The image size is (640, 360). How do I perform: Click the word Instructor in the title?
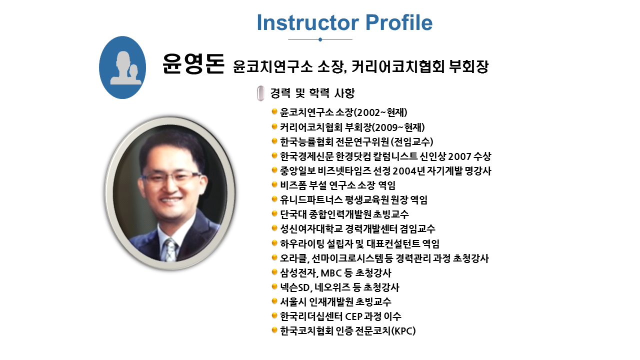coord(308,22)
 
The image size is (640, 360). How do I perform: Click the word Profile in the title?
coord(399,22)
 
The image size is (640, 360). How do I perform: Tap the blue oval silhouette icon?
coord(122,67)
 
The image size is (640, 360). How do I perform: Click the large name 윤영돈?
coord(193,63)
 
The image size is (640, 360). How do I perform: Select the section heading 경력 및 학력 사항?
coord(312,93)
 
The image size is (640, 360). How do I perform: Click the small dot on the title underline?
coord(320,39)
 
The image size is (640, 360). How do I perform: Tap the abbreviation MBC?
coord(331,273)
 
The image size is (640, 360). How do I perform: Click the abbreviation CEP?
coord(354,316)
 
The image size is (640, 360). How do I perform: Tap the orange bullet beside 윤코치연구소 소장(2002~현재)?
coord(274,111)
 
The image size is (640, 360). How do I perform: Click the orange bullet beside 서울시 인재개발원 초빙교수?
coord(274,301)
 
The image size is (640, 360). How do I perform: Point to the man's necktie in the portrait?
coord(171,250)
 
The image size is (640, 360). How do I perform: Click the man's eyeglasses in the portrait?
coord(170,177)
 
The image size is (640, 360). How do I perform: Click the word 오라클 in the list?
coord(293,258)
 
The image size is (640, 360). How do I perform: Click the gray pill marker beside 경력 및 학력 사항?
coord(260,93)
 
